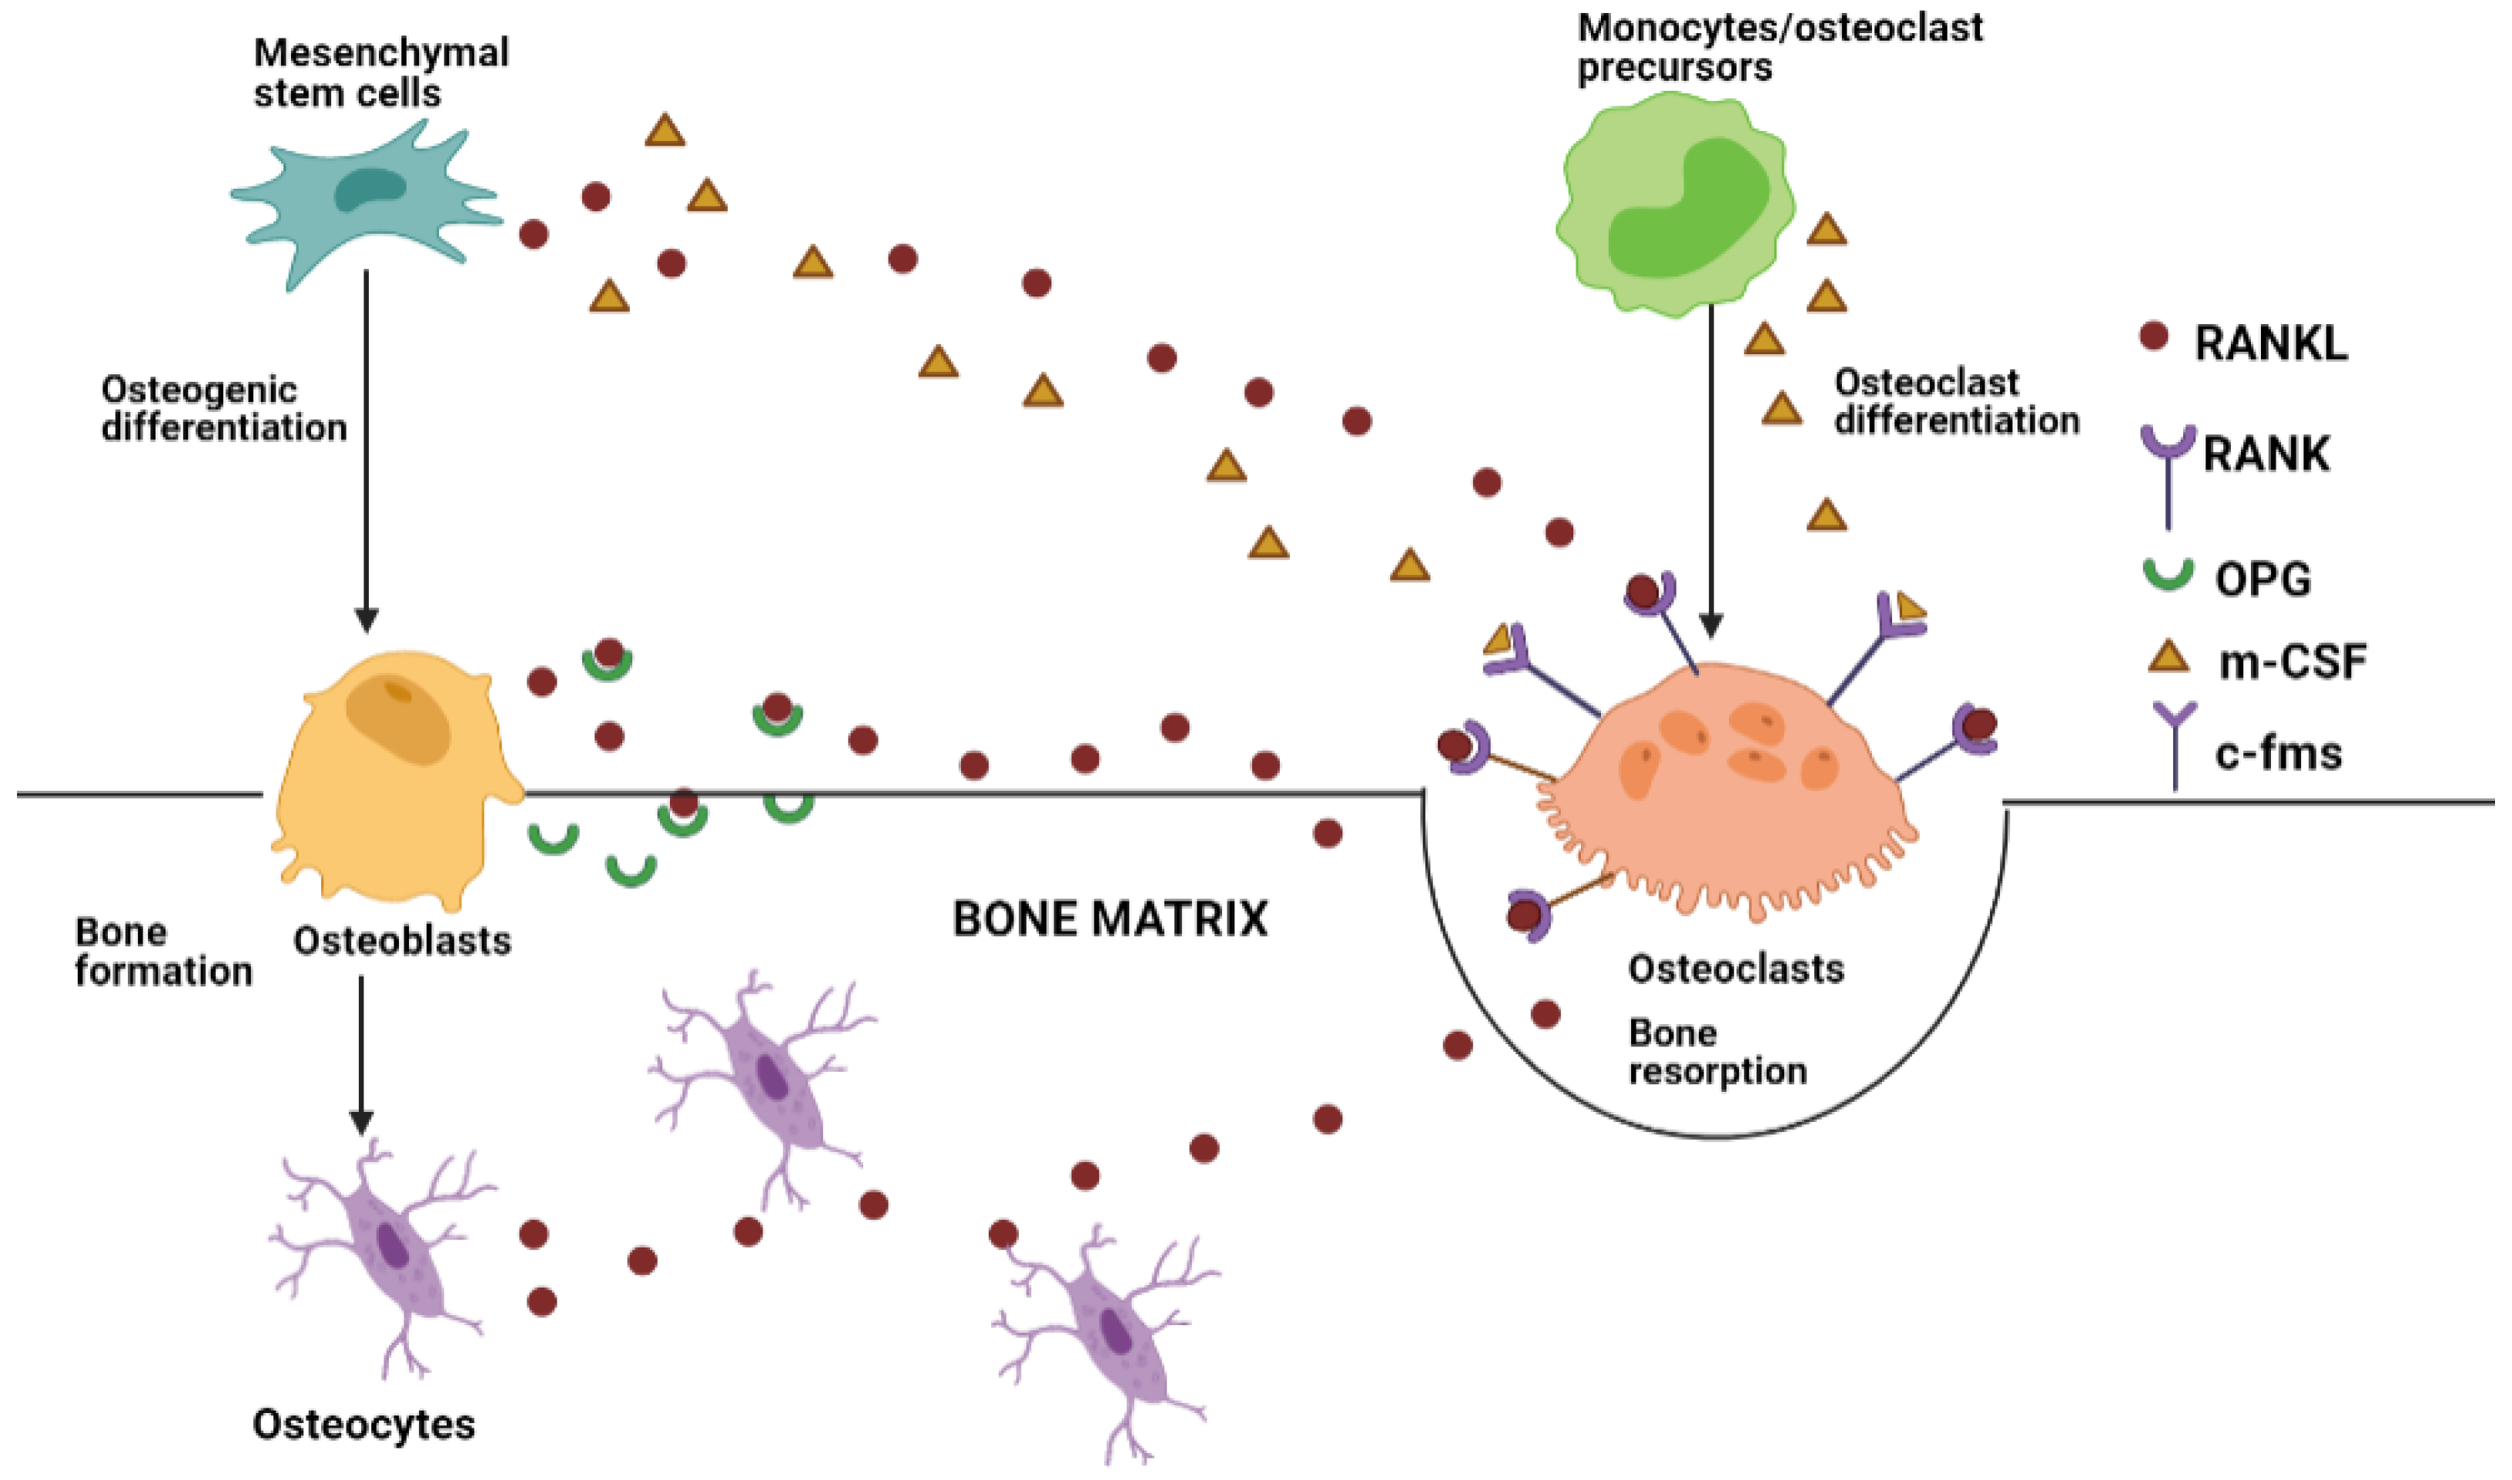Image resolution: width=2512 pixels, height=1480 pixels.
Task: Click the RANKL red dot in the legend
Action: [2154, 336]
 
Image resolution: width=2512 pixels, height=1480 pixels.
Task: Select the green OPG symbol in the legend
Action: [2168, 574]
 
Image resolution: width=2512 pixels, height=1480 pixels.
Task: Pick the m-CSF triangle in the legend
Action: [2168, 659]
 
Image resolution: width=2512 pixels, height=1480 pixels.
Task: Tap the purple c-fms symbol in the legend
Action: [2174, 743]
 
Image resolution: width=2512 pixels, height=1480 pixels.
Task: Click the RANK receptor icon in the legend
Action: [2168, 469]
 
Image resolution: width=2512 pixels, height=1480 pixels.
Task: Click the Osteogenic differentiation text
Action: [223, 409]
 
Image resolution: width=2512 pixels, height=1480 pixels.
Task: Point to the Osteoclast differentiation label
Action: [1954, 402]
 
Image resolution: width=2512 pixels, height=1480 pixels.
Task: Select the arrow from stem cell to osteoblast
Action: [366, 449]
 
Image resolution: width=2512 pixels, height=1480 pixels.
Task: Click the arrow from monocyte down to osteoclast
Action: [1711, 469]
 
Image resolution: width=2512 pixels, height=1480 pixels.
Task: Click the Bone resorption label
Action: [1715, 1052]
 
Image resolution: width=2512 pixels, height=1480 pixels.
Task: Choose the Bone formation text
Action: [162, 953]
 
